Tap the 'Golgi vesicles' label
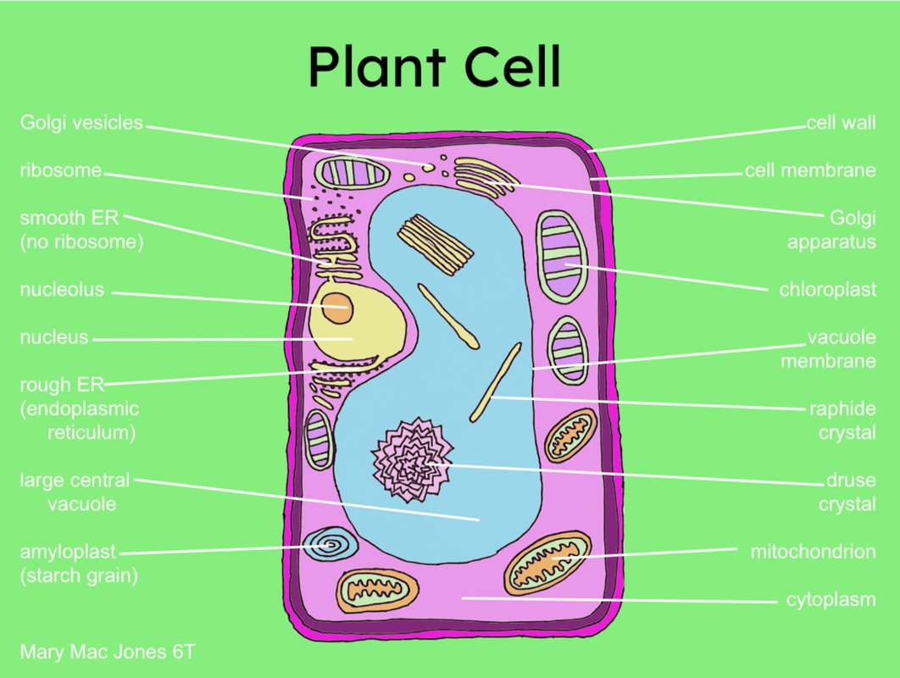tap(81, 123)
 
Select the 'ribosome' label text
tap(60, 171)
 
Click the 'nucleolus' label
tap(62, 290)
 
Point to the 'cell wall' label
tap(841, 124)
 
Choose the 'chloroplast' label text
tap(827, 290)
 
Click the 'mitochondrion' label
tap(813, 553)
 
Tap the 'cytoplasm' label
tap(831, 600)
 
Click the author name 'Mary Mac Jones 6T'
tap(111, 653)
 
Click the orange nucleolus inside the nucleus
tap(337, 307)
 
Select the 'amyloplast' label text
tap(68, 553)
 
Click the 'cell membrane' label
tap(809, 171)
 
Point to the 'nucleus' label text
tap(54, 338)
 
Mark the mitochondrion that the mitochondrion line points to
tap(547, 563)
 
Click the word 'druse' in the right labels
tap(851, 481)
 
